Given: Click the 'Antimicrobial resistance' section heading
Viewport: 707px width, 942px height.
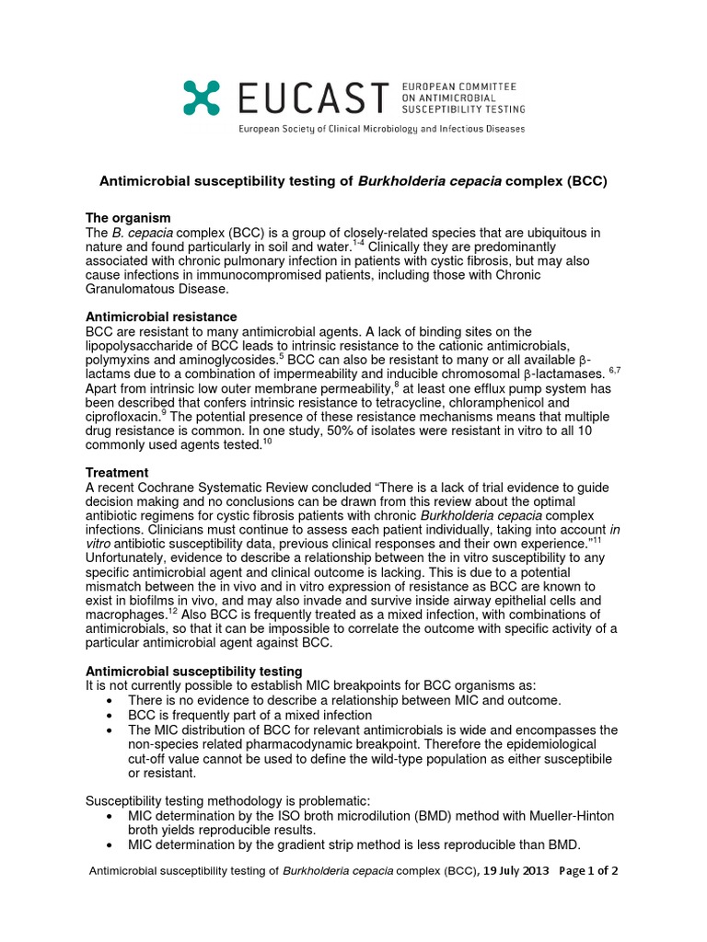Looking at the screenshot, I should pos(161,316).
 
